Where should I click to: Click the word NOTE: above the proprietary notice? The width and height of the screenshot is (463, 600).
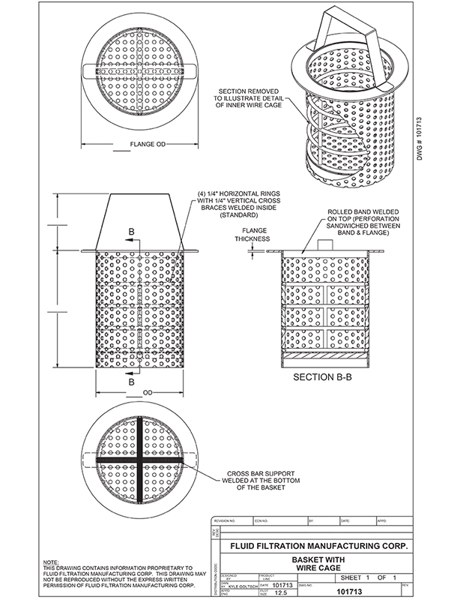52,562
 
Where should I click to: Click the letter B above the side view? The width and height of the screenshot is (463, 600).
132,233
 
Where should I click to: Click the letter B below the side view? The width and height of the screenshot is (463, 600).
132,382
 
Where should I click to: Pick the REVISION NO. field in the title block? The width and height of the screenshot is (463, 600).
225,519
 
